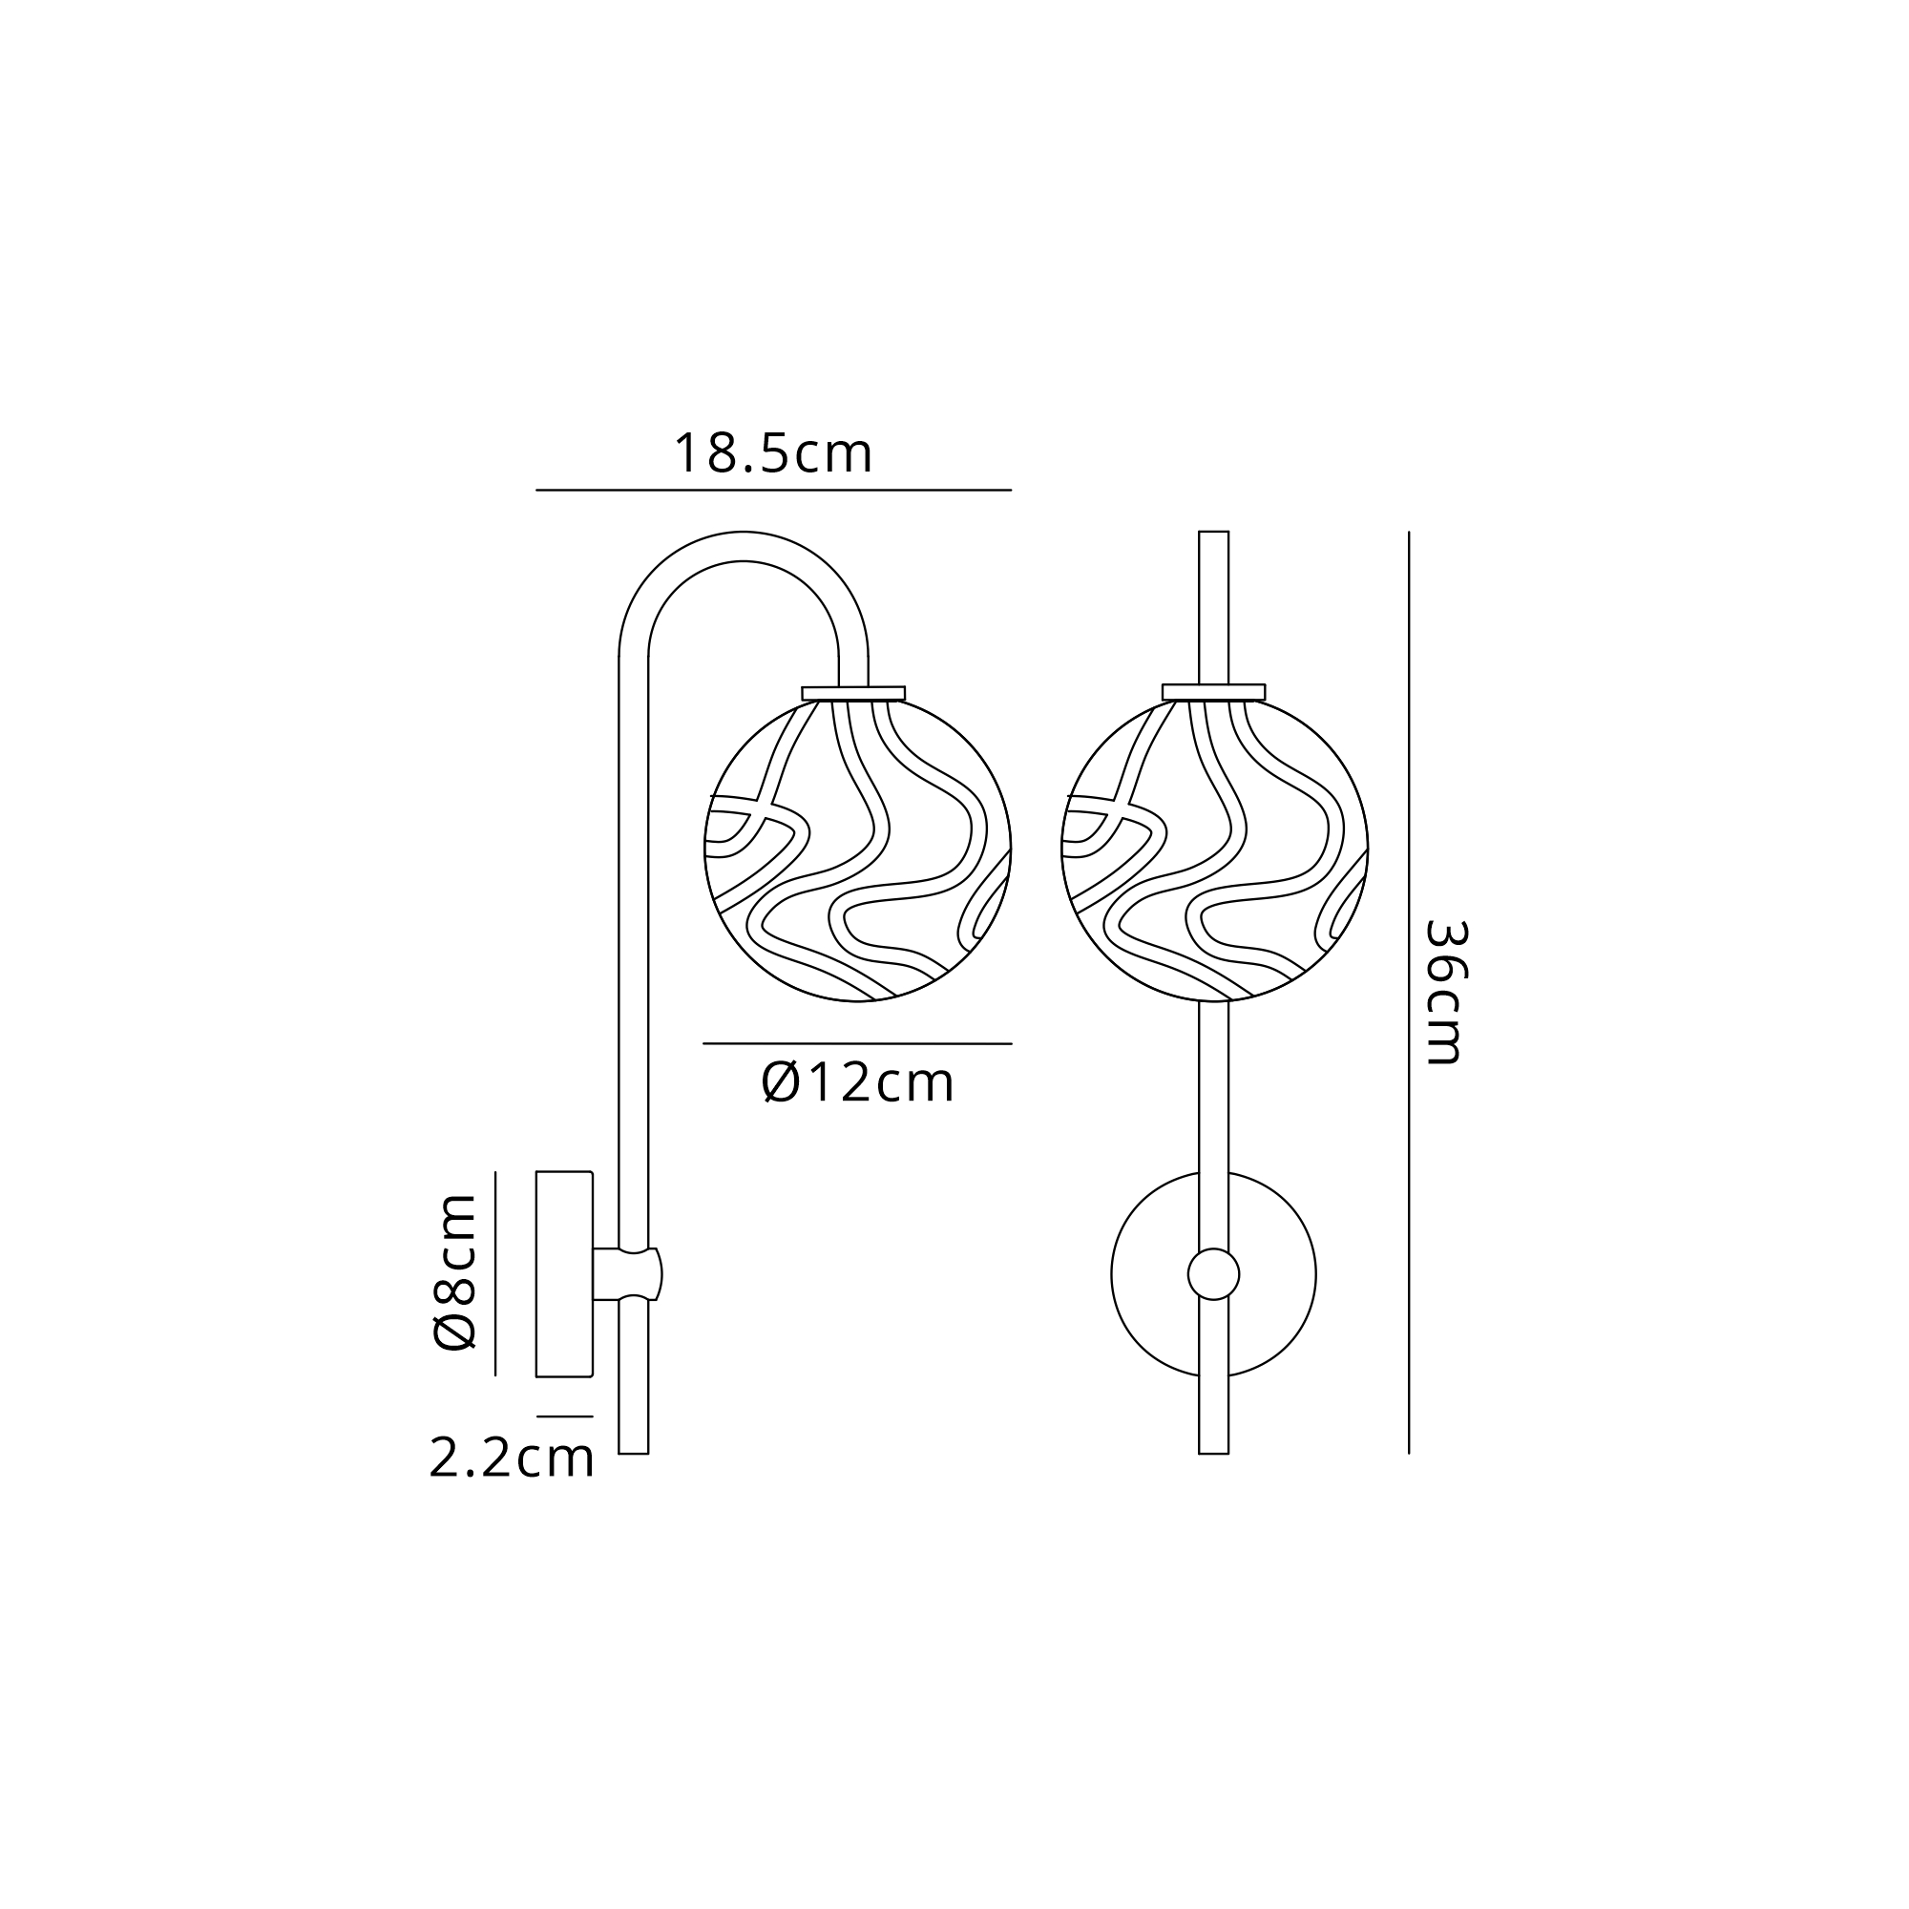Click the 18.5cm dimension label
coord(773,453)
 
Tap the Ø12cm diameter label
coord(858,1082)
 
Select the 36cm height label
coord(1444,992)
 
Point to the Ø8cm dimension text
coord(455,1271)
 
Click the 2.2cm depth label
coord(512,1458)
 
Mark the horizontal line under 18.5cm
coord(774,490)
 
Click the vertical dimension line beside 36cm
coord(1409,992)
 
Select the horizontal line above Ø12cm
coord(858,1043)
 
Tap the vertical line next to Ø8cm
coord(495,1273)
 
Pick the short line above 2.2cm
coord(565,1416)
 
